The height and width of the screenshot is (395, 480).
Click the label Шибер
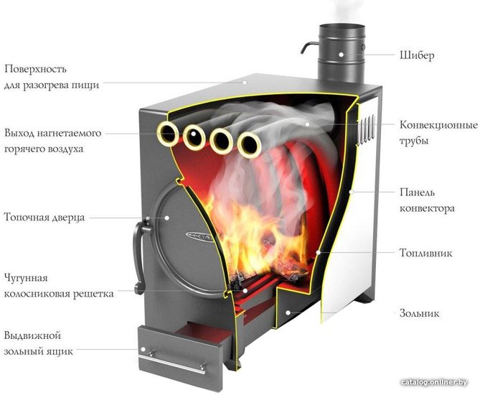pos(417,55)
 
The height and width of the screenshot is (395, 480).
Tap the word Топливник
pos(425,253)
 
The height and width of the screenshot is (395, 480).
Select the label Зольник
pos(420,313)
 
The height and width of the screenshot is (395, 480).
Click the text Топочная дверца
pos(44,218)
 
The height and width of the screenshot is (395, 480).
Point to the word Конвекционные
pos(438,125)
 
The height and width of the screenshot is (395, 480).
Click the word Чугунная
pos(26,278)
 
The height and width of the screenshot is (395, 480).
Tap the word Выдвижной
pos(32,335)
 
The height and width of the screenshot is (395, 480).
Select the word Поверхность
pos(35,69)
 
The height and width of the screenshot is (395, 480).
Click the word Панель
pos(418,192)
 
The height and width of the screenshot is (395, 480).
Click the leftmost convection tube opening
pos(167,134)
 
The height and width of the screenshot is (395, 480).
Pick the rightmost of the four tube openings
pos(250,144)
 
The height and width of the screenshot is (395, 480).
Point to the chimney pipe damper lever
pos(309,47)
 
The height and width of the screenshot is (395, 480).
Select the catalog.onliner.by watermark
pos(434,382)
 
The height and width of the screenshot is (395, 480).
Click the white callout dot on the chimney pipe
pos(341,55)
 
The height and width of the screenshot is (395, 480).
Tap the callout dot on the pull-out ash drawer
pos(143,349)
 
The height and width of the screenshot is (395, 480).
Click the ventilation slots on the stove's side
pos(366,129)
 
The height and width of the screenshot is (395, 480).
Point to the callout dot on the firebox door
pos(167,218)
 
